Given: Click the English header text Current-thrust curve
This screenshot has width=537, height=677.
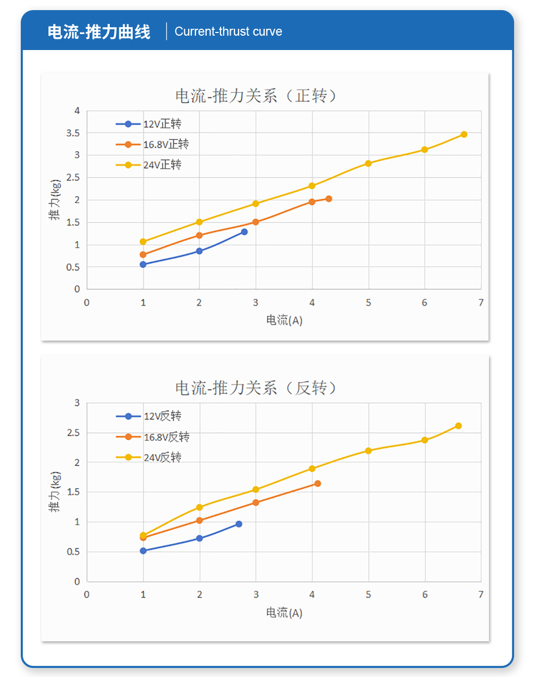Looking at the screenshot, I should point(228,31).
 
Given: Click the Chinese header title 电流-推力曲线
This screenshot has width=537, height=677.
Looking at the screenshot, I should point(99,32).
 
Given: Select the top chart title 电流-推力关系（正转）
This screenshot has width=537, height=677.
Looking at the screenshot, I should point(256,96).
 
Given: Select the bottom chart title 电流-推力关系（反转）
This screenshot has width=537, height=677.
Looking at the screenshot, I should point(256,388).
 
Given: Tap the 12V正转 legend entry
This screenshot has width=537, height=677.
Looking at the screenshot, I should point(149,124).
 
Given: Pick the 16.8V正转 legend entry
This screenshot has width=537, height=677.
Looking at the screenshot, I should point(153,144).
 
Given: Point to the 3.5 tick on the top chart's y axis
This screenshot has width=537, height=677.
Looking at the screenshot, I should point(73,133).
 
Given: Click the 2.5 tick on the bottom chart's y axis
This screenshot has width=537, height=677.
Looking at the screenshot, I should point(74,433).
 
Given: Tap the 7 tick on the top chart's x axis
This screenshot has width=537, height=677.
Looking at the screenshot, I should point(481,302).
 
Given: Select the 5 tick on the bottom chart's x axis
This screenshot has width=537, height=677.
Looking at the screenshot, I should point(368,595).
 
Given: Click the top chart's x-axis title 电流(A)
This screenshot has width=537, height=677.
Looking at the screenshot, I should point(284,320).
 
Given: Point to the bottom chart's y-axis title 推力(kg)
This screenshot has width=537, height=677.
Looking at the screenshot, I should point(55,492).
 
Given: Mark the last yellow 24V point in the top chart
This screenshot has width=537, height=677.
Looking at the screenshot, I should point(464,135).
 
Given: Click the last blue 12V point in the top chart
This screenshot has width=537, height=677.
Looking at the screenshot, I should point(245,232).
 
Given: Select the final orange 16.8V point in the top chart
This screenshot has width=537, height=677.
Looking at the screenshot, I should point(329,199).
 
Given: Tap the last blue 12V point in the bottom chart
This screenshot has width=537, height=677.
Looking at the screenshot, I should point(239,524).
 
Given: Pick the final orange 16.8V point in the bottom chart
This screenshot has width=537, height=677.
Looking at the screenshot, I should point(318,484).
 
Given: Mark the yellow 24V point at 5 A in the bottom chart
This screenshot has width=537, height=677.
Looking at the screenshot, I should point(368,451).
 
